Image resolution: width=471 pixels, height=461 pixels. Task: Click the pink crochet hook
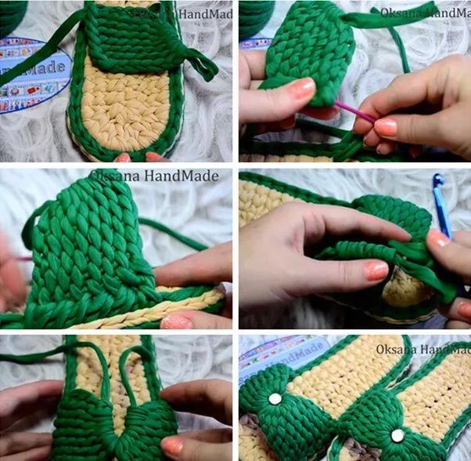[356, 114]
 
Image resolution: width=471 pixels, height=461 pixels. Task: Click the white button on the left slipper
[275, 398]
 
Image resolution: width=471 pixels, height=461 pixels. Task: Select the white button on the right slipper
[397, 435]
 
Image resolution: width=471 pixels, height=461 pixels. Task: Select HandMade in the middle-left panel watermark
[184, 176]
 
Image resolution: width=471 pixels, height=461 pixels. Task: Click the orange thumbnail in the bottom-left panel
[171, 446]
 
